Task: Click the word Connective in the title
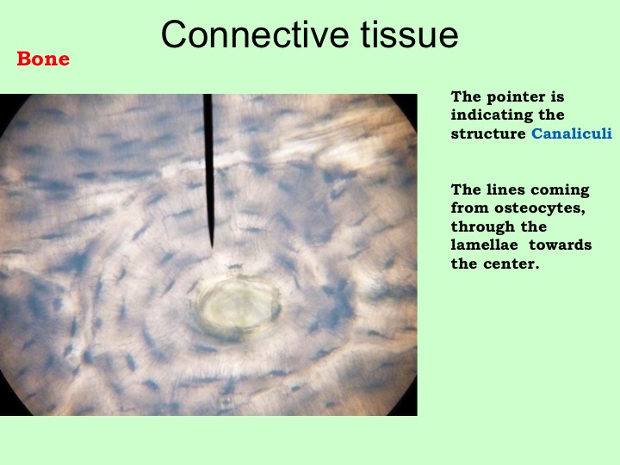[255, 34]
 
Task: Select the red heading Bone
[43, 59]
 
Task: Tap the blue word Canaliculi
[572, 133]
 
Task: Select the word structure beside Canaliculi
[488, 134]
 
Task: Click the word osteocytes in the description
[539, 208]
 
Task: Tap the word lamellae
[484, 245]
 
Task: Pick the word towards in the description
[561, 245]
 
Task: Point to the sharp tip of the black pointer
[212, 247]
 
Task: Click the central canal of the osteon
[239, 306]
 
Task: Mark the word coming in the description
[560, 190]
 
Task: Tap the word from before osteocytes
[470, 208]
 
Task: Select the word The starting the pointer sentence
[466, 96]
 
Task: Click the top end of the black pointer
[208, 95]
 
